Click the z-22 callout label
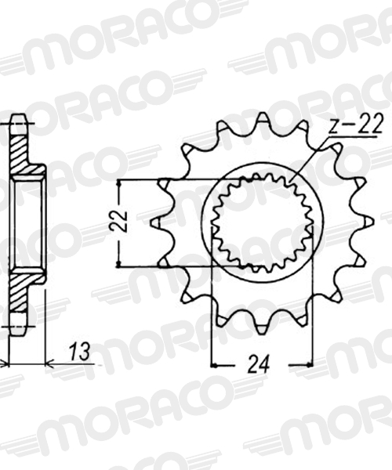[356, 124]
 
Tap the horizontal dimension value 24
[258, 364]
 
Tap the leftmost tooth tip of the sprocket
[151, 223]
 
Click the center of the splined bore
[263, 222]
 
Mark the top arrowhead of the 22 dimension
[119, 183]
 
